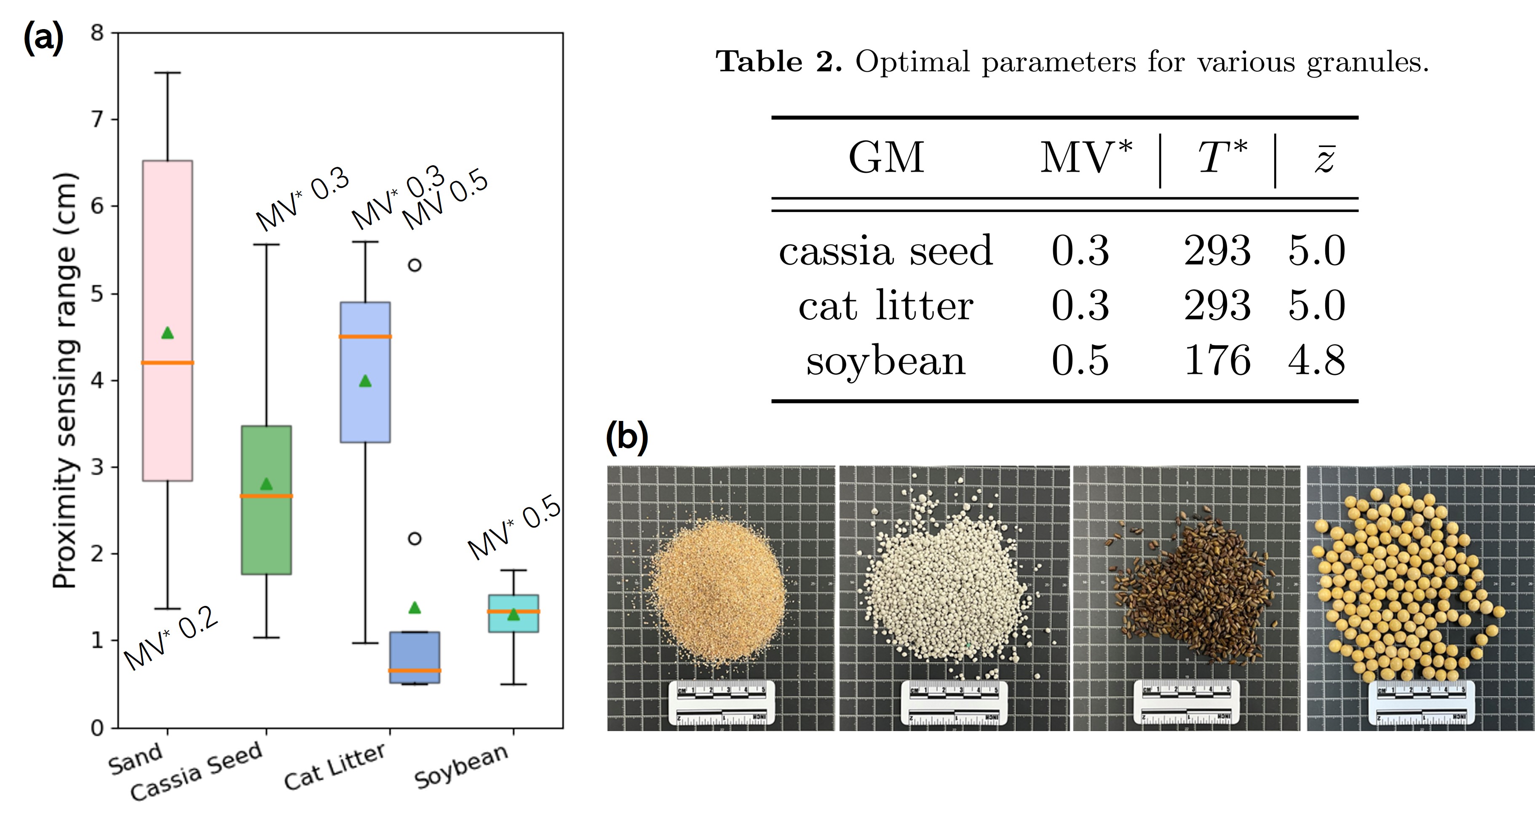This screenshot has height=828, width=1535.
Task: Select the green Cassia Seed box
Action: pyautogui.click(x=266, y=536)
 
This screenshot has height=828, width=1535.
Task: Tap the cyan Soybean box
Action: pyautogui.click(x=513, y=623)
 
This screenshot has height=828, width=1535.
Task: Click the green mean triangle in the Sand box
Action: pyautogui.click(x=168, y=332)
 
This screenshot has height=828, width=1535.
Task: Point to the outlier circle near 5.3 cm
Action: pyautogui.click(x=415, y=265)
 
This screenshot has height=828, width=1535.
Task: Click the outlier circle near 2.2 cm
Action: pyautogui.click(x=415, y=538)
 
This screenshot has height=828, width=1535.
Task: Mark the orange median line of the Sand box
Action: pyautogui.click(x=168, y=362)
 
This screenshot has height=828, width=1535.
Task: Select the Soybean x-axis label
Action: pyautogui.click(x=461, y=766)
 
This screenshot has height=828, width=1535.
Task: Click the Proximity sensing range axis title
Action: pyautogui.click(x=64, y=381)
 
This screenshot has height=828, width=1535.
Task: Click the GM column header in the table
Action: pyautogui.click(x=886, y=158)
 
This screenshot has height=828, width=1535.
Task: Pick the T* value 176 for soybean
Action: pyautogui.click(x=1217, y=361)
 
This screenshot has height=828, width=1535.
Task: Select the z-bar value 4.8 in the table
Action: pyautogui.click(x=1316, y=361)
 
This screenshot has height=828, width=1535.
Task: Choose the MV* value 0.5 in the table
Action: pyautogui.click(x=1080, y=361)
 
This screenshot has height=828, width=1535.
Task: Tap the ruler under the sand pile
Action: pyautogui.click(x=721, y=703)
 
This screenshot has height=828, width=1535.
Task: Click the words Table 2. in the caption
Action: pyautogui.click(x=779, y=62)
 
